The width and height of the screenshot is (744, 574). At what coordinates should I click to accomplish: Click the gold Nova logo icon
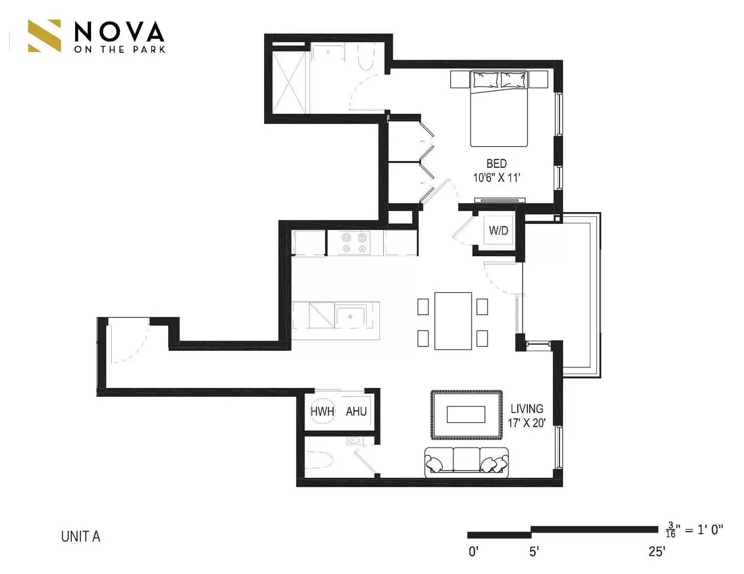(44, 36)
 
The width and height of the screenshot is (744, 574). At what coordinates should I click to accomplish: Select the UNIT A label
(80, 536)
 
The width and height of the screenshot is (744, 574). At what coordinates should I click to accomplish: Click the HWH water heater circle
(322, 411)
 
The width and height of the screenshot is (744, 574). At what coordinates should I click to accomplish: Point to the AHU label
(356, 411)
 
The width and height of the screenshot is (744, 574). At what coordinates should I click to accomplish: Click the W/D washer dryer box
(499, 231)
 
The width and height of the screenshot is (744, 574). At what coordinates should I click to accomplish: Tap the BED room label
(496, 164)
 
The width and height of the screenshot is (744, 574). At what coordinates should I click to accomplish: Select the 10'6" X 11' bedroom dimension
(496, 178)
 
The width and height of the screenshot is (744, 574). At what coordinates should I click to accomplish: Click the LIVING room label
(527, 409)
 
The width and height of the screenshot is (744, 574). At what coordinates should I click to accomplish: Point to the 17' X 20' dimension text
(526, 424)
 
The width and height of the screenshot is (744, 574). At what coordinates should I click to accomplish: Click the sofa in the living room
(466, 461)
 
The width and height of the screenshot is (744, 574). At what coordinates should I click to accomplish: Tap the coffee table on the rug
(466, 414)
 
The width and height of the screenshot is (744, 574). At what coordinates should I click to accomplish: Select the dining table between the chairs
(453, 321)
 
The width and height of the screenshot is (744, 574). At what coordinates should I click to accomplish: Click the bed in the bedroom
(499, 109)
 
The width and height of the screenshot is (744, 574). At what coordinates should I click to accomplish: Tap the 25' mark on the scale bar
(657, 552)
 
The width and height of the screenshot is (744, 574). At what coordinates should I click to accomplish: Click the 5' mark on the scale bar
(534, 552)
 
